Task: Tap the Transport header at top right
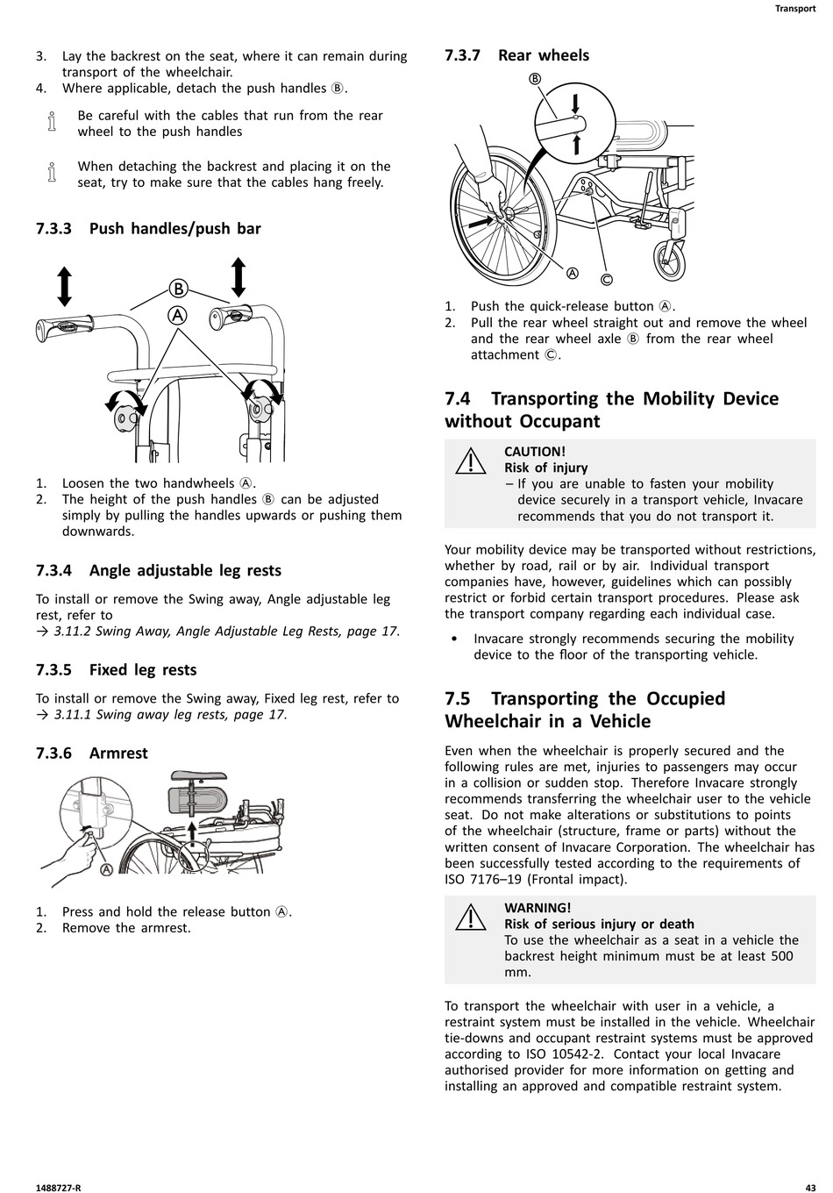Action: click(x=795, y=9)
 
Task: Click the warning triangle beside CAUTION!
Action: click(x=471, y=461)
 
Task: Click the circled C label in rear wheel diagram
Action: click(x=606, y=280)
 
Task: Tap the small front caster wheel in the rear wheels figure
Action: click(x=671, y=255)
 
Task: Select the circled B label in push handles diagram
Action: click(x=178, y=289)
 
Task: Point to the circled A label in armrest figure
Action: click(x=106, y=869)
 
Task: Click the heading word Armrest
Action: click(x=118, y=754)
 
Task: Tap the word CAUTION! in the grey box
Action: click(x=535, y=452)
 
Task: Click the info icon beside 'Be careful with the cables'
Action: click(x=51, y=123)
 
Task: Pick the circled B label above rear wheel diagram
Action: click(x=535, y=79)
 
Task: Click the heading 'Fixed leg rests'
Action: click(x=143, y=670)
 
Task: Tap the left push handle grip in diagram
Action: click(x=60, y=330)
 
